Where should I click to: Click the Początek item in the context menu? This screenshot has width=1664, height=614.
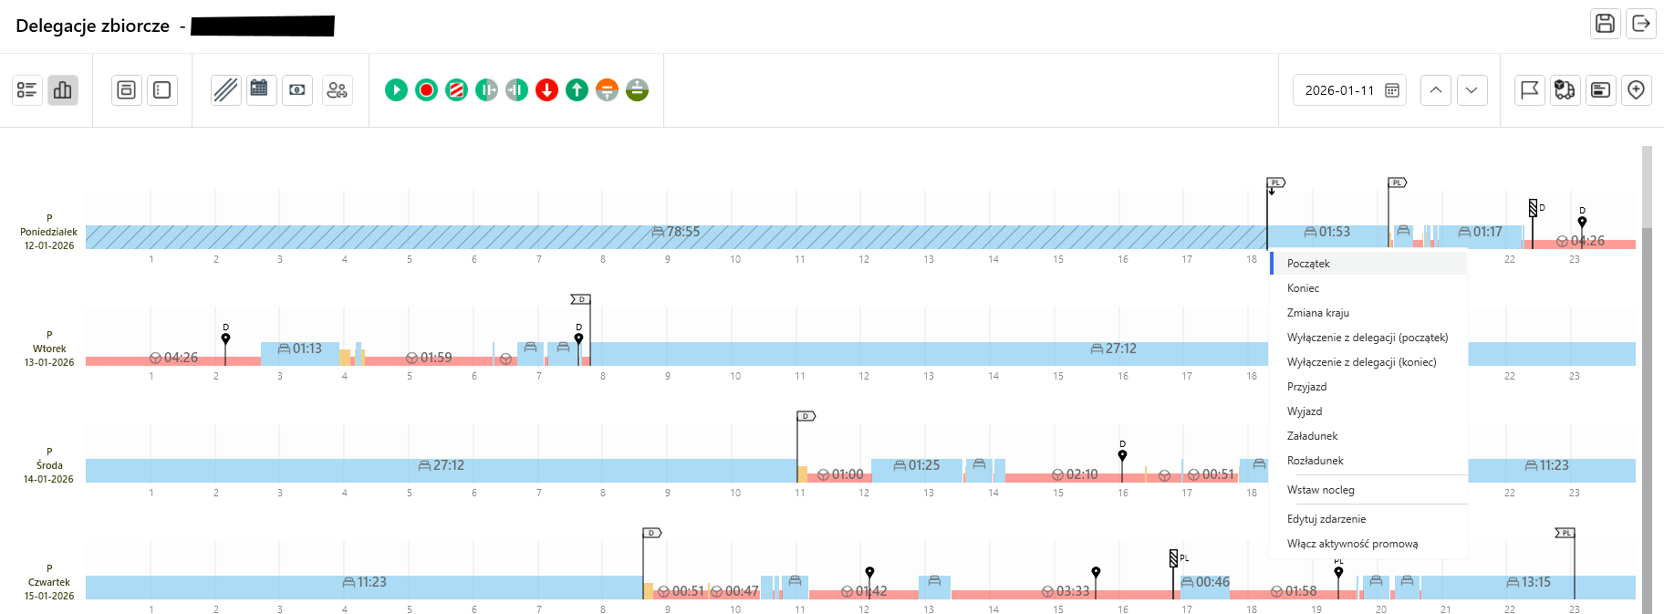(x=1308, y=264)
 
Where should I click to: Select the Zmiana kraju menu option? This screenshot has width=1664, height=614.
(x=1317, y=313)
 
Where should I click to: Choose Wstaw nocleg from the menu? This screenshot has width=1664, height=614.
(x=1320, y=490)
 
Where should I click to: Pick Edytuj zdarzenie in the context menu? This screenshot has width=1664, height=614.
(x=1326, y=519)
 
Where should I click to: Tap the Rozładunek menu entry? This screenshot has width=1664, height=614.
(x=1315, y=461)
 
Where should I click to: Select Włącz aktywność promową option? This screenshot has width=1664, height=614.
(x=1352, y=544)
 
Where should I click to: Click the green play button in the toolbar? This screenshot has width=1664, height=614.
(x=396, y=89)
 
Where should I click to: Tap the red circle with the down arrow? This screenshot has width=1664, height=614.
(x=546, y=89)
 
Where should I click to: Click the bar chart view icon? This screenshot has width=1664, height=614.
(x=63, y=89)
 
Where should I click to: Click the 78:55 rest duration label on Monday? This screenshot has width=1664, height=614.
(x=677, y=232)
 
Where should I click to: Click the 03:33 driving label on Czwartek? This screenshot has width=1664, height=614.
(x=1066, y=591)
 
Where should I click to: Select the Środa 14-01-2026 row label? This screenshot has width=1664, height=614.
(x=49, y=465)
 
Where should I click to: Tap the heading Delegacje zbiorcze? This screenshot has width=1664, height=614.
(x=92, y=26)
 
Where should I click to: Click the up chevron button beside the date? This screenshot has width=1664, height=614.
(x=1435, y=90)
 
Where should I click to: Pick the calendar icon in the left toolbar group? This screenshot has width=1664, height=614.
(x=260, y=89)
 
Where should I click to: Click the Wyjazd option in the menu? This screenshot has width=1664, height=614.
(x=1305, y=411)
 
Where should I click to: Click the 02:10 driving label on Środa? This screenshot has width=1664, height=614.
(x=1076, y=474)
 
